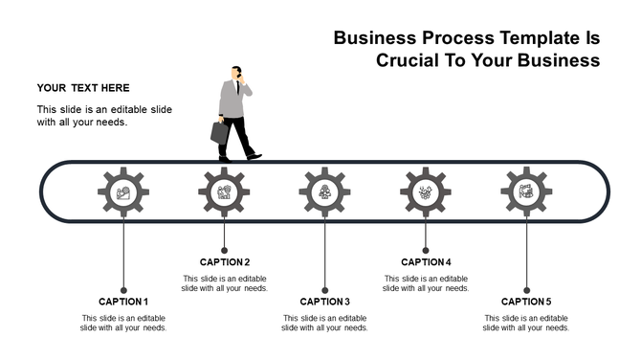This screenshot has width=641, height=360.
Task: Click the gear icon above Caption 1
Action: tap(122, 191)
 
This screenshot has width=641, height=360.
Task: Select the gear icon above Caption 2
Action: tap(224, 191)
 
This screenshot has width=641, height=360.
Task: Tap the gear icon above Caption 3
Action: tap(324, 191)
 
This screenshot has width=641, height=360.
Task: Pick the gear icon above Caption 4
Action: tap(426, 191)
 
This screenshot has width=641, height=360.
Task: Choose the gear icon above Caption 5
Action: tap(526, 191)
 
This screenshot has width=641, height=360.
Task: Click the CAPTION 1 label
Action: tap(123, 302)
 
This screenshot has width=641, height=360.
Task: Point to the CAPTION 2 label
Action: tap(225, 262)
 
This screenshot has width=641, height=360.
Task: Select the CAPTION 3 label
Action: tap(325, 302)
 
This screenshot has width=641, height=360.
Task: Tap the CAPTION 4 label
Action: tap(426, 262)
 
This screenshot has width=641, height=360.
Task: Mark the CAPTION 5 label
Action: tap(526, 302)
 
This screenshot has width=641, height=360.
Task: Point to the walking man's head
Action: tap(236, 74)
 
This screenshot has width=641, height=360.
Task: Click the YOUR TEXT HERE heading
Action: tap(83, 88)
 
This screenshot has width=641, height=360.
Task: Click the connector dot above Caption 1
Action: tap(123, 289)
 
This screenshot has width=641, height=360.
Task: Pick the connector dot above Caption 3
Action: tap(325, 289)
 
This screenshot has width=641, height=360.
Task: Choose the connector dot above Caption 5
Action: tap(526, 289)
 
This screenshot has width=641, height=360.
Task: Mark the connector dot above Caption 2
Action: tap(225, 250)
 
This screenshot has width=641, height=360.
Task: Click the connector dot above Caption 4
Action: tap(426, 250)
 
